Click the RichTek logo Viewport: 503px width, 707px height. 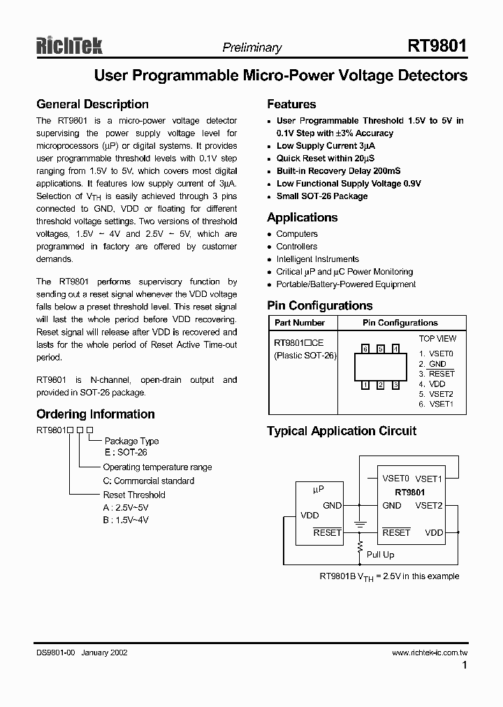pos(69,46)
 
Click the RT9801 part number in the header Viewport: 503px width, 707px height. pos(437,46)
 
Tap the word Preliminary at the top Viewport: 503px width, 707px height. pos(251,48)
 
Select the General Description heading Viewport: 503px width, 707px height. pos(92,104)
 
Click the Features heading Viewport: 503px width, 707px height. pos(291,104)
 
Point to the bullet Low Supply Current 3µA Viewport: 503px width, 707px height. pos(326,146)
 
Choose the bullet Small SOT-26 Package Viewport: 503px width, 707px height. pos(321,196)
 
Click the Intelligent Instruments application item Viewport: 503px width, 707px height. pos(317,258)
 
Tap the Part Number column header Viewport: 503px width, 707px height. pos(299,323)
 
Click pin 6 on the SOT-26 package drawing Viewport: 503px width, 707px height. pos(365,349)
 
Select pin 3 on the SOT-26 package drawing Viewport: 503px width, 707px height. pos(395,384)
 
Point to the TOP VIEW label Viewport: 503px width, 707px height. pos(437,339)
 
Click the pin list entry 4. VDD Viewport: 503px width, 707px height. pos(432,384)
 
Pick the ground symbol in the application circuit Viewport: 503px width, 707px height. pos(360,522)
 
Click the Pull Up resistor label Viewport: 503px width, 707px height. pos(381,554)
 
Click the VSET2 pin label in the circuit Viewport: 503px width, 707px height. pos(429,505)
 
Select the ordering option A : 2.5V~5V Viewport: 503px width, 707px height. pos(126,507)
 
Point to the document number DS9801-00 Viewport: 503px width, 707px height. pos(56,653)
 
